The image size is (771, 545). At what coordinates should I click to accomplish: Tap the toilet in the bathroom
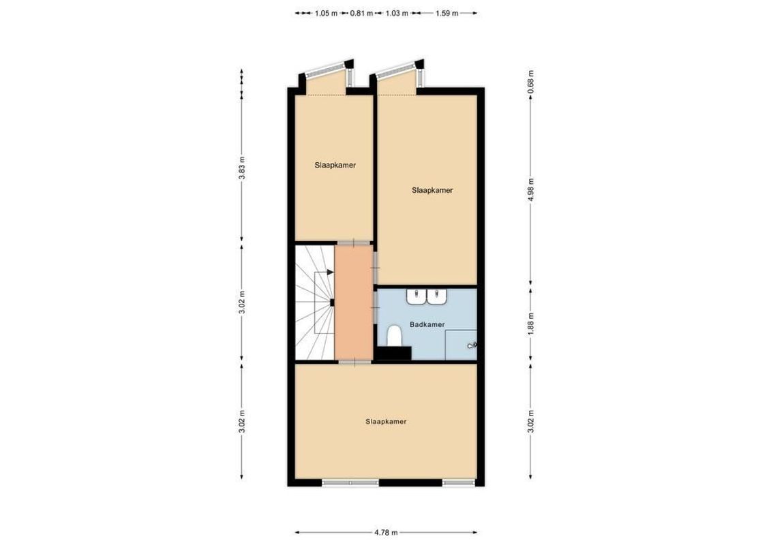394,336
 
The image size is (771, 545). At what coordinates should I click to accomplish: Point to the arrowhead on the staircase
331,272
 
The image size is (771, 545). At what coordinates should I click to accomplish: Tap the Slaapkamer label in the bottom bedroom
386,422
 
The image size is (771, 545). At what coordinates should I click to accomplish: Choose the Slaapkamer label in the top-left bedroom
335,165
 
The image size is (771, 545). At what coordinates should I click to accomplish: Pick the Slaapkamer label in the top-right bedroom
432,191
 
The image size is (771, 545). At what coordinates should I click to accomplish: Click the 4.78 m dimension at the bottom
386,533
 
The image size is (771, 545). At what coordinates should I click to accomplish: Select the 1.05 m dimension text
326,13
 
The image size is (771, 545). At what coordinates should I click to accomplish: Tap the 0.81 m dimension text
361,13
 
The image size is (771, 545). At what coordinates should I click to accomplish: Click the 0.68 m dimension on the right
531,82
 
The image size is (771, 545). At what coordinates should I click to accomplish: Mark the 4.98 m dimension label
531,185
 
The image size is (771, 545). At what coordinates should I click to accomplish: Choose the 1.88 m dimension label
531,320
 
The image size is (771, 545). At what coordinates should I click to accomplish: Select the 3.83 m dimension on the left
241,167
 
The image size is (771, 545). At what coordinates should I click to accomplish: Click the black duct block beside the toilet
395,353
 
